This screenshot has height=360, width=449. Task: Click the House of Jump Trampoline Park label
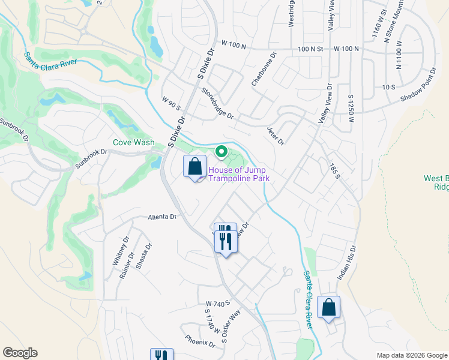(239, 174)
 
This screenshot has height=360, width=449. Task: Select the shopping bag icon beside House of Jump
(195, 167)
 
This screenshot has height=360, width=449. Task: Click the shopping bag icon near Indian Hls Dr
(329, 308)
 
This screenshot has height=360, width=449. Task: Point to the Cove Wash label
(133, 143)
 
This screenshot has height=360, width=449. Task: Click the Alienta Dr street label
(163, 217)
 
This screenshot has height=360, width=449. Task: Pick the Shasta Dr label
(144, 256)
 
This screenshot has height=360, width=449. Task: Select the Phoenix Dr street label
(200, 341)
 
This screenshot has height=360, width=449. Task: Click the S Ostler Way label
(231, 324)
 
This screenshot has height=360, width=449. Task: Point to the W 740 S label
(217, 304)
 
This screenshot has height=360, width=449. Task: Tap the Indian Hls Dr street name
(348, 263)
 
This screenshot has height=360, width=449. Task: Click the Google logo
(20, 353)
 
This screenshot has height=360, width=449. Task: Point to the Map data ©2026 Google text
(412, 356)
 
